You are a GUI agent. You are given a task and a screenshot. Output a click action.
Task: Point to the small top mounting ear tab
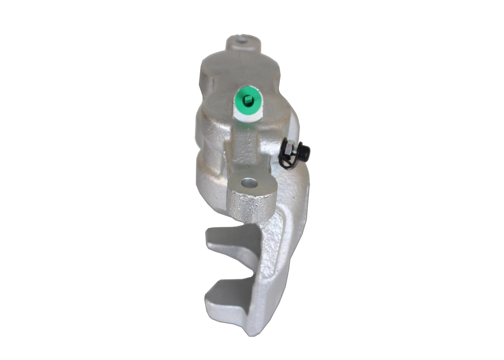[243, 43]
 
